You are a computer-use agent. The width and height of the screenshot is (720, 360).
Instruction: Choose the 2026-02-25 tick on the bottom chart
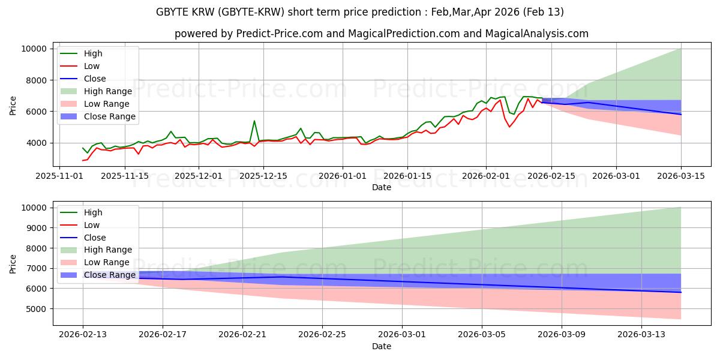click(x=322, y=334)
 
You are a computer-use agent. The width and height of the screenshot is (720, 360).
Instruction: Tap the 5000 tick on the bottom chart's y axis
click(x=35, y=309)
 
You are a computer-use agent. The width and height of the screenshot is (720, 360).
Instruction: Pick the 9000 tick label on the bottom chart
click(x=35, y=228)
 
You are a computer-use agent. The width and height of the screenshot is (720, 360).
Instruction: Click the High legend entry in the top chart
click(x=93, y=53)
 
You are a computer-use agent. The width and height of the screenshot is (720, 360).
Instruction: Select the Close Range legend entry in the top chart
click(x=109, y=116)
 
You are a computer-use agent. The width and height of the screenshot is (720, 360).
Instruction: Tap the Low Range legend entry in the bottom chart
click(x=106, y=262)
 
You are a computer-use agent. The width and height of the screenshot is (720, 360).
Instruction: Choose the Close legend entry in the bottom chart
click(x=95, y=237)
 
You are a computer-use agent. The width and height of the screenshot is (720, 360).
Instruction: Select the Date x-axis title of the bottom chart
click(x=382, y=346)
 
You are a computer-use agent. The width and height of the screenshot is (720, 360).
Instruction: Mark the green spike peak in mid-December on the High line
click(x=254, y=121)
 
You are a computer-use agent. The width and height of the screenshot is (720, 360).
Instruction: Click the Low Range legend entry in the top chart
click(x=106, y=104)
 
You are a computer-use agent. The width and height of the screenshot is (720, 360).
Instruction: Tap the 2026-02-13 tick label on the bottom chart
click(x=83, y=334)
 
